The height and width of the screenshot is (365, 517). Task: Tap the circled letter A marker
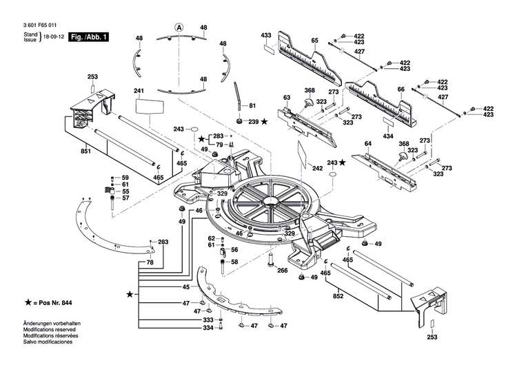179,28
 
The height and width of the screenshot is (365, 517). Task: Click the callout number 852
338,296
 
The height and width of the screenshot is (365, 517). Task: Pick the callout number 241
139,91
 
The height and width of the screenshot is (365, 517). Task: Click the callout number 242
317,168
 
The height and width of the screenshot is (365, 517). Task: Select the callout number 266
283,271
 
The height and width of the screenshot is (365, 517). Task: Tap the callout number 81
252,105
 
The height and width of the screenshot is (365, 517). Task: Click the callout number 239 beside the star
253,122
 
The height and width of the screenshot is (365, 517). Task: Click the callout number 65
314,41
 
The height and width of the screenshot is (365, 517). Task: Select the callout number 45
186,286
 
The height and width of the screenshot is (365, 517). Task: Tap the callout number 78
150,263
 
